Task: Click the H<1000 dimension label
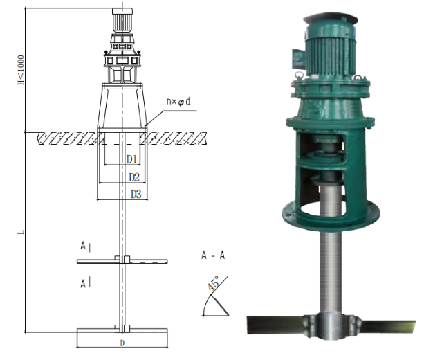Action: click(21, 70)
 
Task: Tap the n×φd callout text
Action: click(178, 101)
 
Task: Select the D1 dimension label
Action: click(131, 159)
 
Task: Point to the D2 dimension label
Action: click(134, 177)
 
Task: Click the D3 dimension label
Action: click(136, 194)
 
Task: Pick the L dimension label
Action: click(21, 233)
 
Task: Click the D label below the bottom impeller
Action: click(122, 343)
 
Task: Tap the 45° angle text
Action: click(213, 282)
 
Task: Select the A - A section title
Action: click(213, 255)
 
